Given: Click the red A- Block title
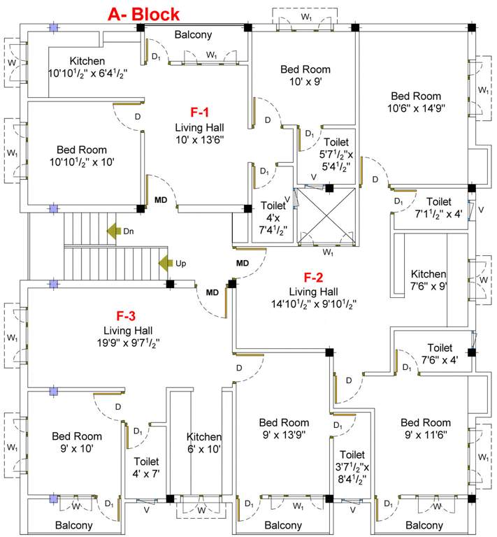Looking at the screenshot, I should [143, 13].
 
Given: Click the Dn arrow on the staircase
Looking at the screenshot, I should [113, 230].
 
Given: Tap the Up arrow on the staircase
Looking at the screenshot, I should [166, 263].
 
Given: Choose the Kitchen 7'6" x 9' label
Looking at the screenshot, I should [428, 280].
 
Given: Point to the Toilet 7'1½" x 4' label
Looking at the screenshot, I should [439, 208].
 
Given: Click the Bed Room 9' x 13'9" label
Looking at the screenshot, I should [284, 428].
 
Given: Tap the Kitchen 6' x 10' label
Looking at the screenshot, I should [203, 443].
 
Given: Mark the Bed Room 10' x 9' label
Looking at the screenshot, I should [305, 75].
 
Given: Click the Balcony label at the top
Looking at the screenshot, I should [193, 34].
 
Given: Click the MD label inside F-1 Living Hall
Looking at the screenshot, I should [161, 200].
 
